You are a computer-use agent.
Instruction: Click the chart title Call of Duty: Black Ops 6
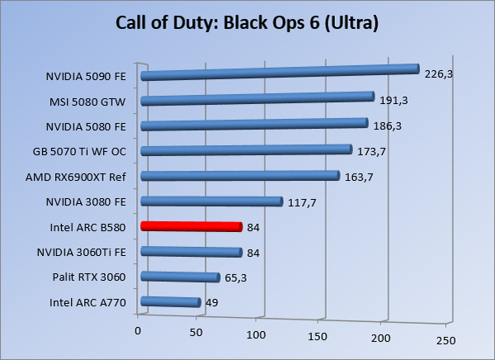(x=247, y=22)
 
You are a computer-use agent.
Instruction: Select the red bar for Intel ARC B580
(x=191, y=226)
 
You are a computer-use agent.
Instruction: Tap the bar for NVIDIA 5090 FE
(x=280, y=73)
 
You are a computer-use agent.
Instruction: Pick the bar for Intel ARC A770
(x=171, y=302)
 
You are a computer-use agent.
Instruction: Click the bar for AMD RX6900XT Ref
(x=240, y=176)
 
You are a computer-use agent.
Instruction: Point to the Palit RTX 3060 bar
(x=180, y=277)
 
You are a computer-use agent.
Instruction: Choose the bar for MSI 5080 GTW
(x=257, y=99)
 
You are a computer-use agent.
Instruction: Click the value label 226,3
(x=439, y=73)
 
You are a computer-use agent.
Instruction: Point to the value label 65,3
(x=235, y=277)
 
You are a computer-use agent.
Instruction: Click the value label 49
(x=211, y=303)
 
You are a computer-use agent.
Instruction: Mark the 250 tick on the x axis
(x=445, y=339)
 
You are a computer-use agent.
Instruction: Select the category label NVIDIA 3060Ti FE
(x=82, y=252)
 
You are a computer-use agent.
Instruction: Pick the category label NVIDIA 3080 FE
(x=87, y=201)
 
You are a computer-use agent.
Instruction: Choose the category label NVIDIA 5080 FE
(x=87, y=126)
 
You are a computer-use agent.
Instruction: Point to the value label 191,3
(x=394, y=101)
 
